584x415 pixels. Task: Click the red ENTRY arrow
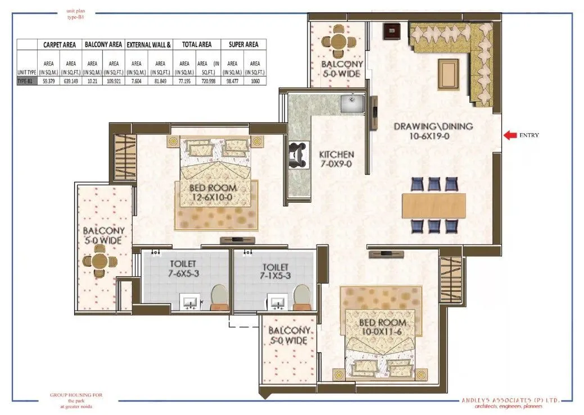tap(510, 135)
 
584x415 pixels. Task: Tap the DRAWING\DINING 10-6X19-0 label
tap(433, 131)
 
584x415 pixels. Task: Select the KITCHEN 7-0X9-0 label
tap(336, 159)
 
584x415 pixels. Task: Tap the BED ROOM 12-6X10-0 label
tap(214, 193)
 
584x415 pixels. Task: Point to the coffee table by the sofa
tap(448, 71)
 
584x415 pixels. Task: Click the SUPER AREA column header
tap(243, 44)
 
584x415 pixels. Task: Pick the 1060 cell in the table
tap(254, 81)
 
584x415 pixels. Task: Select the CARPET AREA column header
tap(60, 44)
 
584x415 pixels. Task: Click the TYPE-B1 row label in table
tap(26, 81)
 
